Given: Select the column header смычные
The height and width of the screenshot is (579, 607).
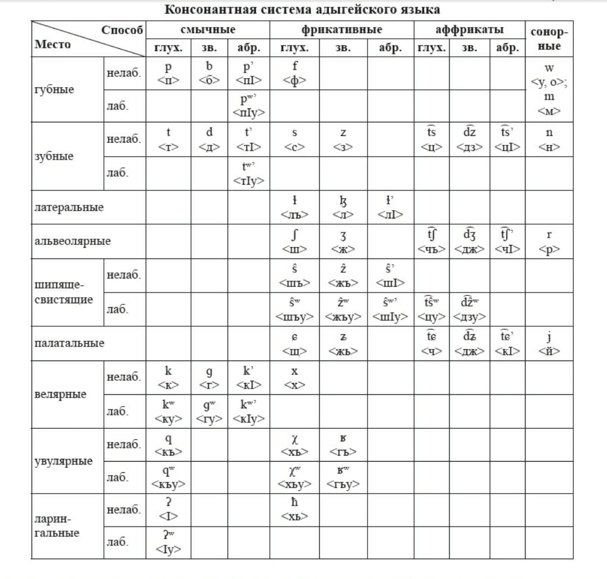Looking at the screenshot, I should point(208,30).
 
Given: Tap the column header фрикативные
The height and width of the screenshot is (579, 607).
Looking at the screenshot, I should point(342,30).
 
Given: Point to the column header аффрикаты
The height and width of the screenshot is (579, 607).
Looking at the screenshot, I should point(469,30).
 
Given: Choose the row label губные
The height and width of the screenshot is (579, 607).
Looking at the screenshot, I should point(54,90).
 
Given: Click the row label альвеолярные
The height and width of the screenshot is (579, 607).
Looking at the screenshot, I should point(73,241).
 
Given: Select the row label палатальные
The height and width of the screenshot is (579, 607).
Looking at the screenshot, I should point(69,343).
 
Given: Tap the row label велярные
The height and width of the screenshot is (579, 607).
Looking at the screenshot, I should point(61,394).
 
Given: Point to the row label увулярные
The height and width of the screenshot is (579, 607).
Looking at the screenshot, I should point(62,461).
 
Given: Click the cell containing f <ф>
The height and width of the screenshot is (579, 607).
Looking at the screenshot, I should point(295,74).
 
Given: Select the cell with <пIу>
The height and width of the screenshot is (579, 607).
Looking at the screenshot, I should point(248,107).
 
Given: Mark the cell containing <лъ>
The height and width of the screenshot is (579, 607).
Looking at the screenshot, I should point(294,208).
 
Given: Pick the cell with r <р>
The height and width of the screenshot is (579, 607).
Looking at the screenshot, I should point(549,241).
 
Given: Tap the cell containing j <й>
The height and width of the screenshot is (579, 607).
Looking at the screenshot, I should point(549,343).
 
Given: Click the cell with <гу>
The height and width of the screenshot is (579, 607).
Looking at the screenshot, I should point(209,412).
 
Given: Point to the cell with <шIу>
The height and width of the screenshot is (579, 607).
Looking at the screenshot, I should point(390,310).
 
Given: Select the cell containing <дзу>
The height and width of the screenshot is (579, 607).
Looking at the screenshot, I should point(469,310).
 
